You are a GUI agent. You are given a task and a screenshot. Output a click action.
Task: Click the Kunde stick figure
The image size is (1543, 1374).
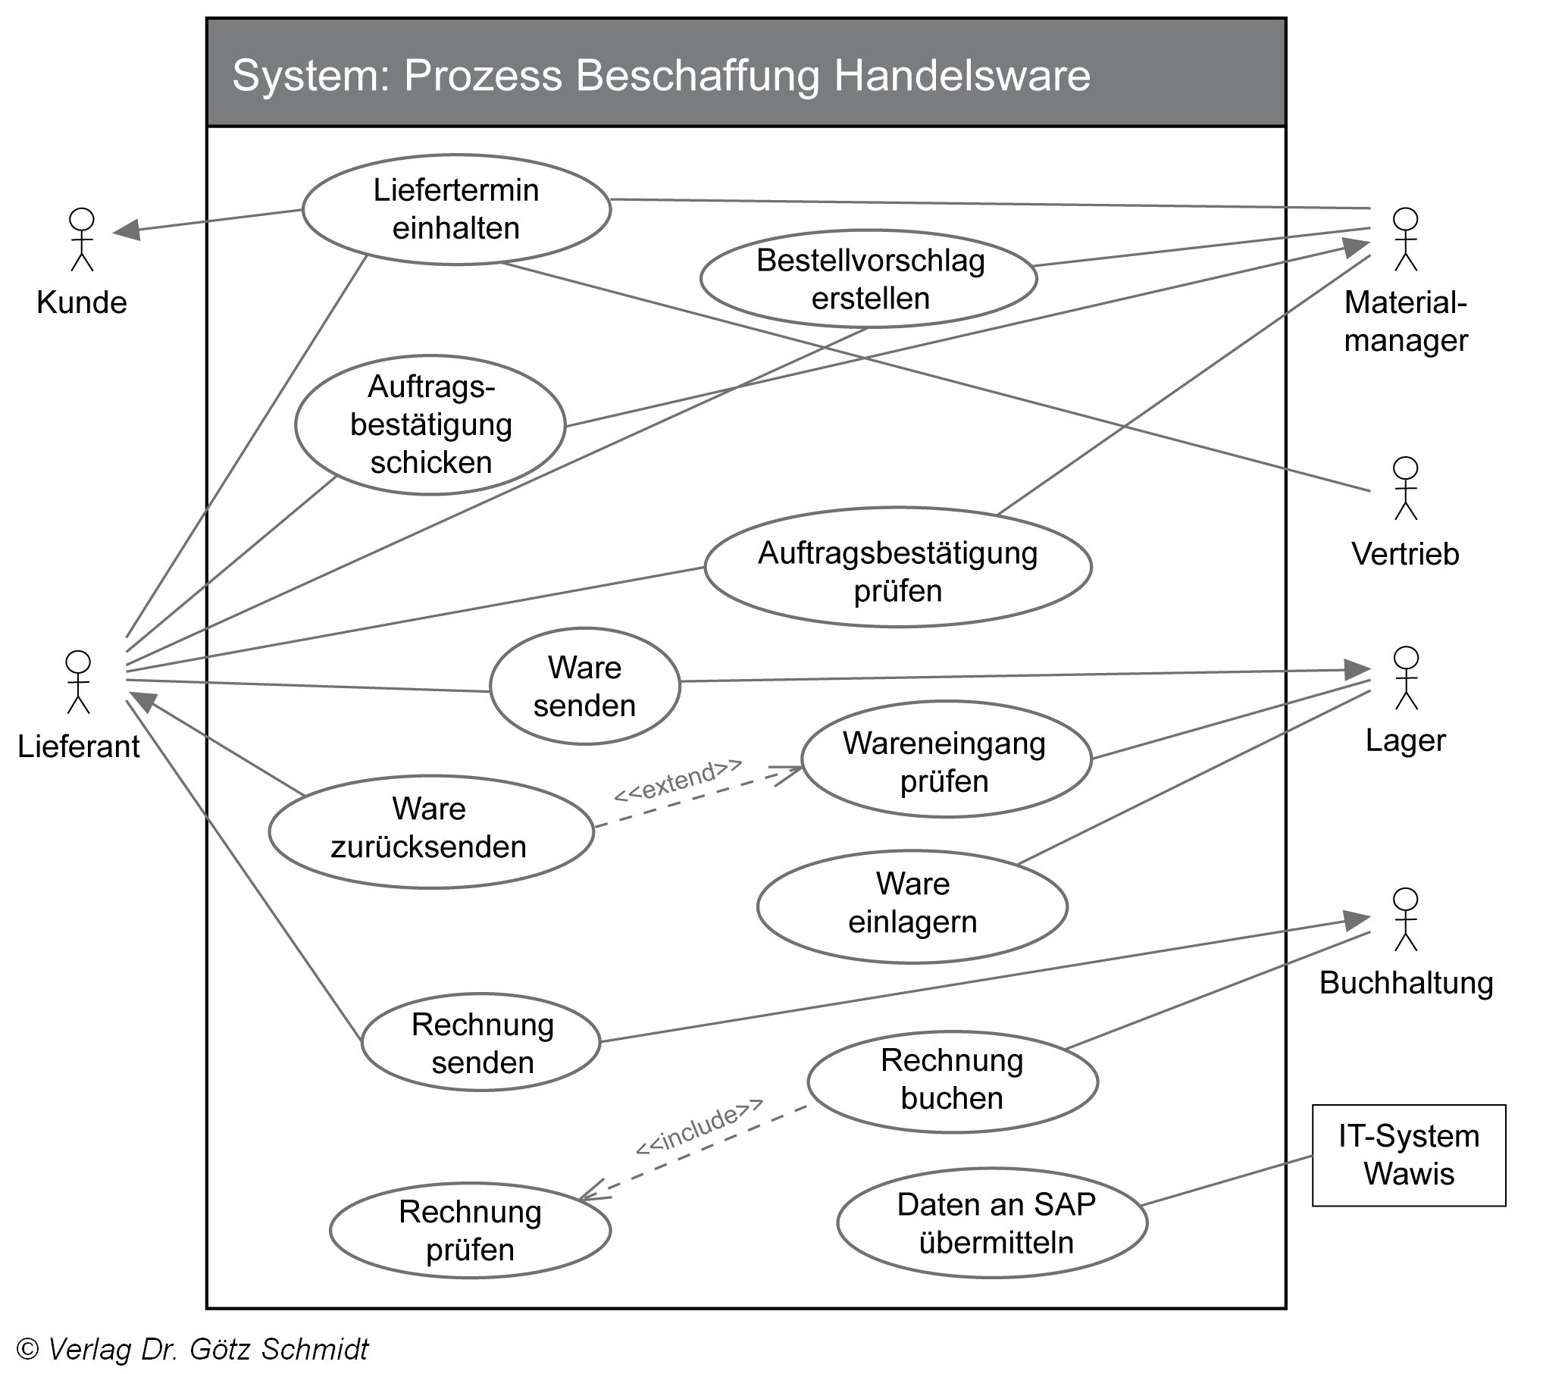(81, 239)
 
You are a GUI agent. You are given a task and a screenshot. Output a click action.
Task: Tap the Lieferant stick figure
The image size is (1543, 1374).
(78, 682)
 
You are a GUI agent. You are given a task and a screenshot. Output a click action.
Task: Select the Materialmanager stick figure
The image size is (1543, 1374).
(1406, 239)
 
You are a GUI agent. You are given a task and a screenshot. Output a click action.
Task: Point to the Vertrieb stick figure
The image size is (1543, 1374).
(1406, 488)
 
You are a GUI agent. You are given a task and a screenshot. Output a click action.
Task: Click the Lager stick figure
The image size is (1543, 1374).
(1406, 678)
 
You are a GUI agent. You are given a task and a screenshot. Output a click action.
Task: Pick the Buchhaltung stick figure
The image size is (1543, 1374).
(1406, 919)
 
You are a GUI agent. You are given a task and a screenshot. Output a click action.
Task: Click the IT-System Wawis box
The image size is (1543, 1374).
(1409, 1155)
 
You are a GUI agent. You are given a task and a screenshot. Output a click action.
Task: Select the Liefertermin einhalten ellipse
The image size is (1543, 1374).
(456, 209)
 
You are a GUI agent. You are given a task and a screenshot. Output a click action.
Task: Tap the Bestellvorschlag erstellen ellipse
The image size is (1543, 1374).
(869, 279)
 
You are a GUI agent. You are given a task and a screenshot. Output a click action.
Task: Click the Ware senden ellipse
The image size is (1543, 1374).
(584, 686)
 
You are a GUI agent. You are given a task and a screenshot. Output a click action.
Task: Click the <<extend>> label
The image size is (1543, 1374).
(678, 780)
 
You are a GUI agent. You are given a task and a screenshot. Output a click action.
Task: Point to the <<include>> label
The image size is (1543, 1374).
(699, 1127)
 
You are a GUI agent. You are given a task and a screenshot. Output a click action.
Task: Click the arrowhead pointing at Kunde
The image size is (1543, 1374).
(127, 230)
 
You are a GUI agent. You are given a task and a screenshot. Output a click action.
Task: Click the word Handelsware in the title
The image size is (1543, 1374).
(962, 75)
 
